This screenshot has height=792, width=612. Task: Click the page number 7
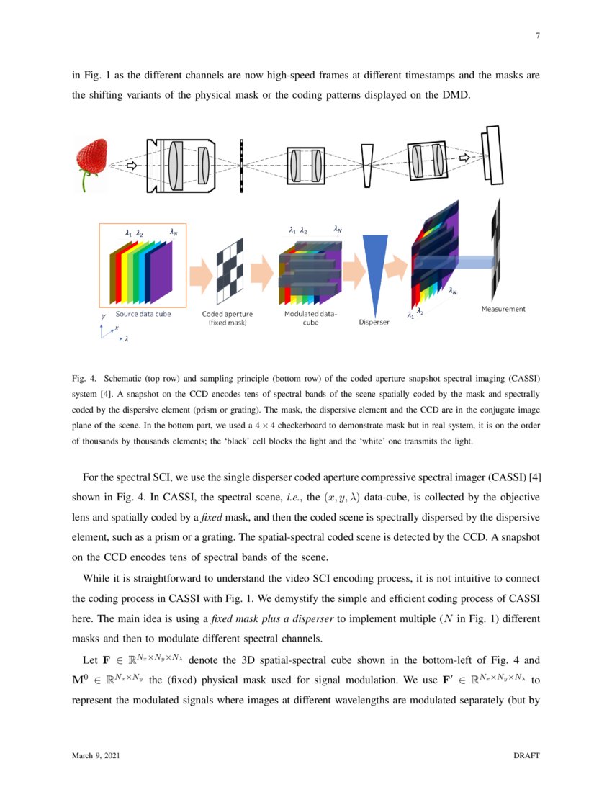(x=537, y=37)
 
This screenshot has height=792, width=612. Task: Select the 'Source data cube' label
(x=143, y=315)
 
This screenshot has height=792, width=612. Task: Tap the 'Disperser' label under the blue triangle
(x=374, y=322)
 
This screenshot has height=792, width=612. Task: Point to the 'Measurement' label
(x=503, y=309)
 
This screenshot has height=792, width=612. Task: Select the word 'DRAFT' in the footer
(x=526, y=755)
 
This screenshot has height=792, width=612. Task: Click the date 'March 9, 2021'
(x=96, y=755)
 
